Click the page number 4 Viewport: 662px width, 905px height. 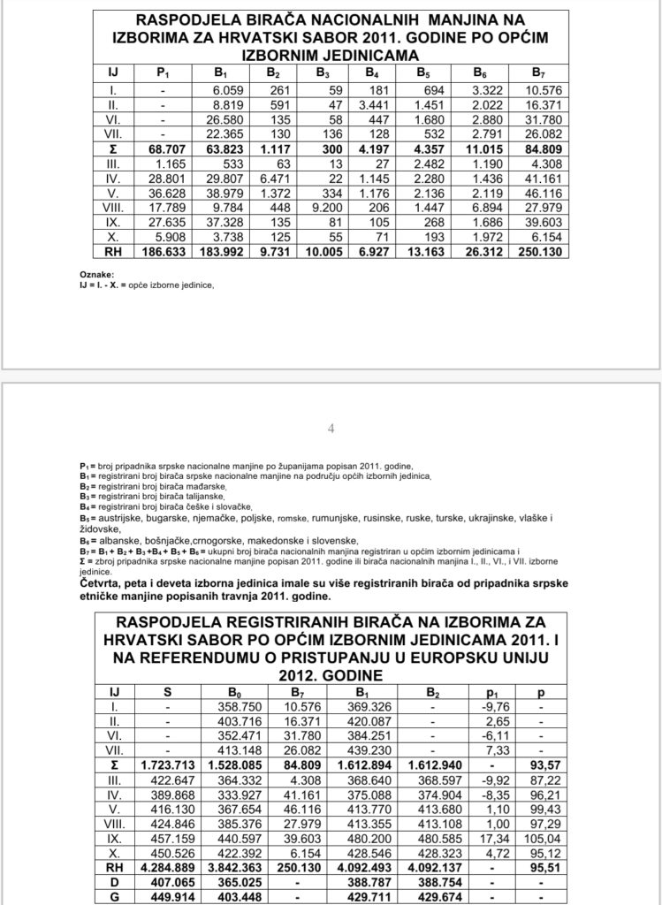point(331,430)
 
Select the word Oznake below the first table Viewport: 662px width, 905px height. point(118,275)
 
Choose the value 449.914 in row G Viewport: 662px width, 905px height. point(167,898)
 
